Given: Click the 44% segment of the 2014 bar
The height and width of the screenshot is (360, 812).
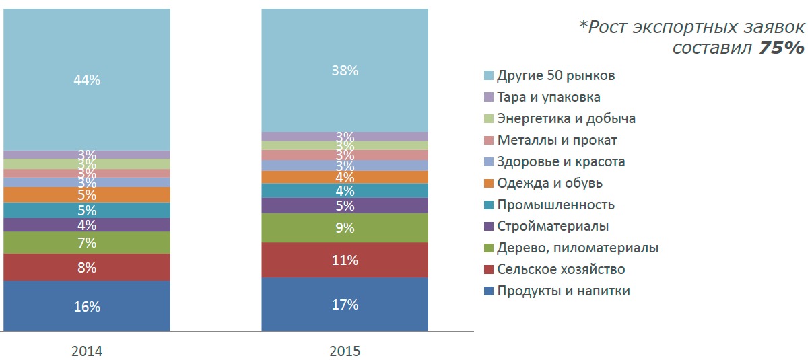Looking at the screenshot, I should pyautogui.click(x=87, y=79).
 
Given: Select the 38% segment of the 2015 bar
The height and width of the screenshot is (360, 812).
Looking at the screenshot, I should pyautogui.click(x=345, y=70).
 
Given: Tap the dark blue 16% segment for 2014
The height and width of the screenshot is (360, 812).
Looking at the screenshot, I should pyautogui.click(x=87, y=306).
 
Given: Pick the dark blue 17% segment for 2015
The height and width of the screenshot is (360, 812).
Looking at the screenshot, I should pyautogui.click(x=345, y=304).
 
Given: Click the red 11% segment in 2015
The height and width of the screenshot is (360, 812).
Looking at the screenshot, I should pyautogui.click(x=345, y=260).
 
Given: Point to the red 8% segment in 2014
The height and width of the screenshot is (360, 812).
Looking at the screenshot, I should pyautogui.click(x=87, y=267).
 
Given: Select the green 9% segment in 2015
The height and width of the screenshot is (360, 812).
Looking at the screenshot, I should pyautogui.click(x=345, y=227).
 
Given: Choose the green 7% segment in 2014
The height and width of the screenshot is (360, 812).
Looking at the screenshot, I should pyautogui.click(x=87, y=242).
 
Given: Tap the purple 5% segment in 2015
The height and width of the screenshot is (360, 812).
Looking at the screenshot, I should pyautogui.click(x=345, y=205).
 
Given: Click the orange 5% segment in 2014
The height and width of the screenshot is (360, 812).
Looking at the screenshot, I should pyautogui.click(x=87, y=194).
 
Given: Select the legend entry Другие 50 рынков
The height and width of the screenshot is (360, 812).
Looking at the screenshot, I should pyautogui.click(x=555, y=75).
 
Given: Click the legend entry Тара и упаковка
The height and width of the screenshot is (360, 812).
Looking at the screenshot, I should pyautogui.click(x=548, y=97).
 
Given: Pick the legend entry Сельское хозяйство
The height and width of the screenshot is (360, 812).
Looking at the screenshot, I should pyautogui.click(x=561, y=269).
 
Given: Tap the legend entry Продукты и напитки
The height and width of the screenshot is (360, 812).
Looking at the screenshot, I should pyautogui.click(x=564, y=291).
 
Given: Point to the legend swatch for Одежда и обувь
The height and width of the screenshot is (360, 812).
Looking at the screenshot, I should pyautogui.click(x=489, y=183).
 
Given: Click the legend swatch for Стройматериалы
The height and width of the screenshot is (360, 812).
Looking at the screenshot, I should pyautogui.click(x=489, y=226).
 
